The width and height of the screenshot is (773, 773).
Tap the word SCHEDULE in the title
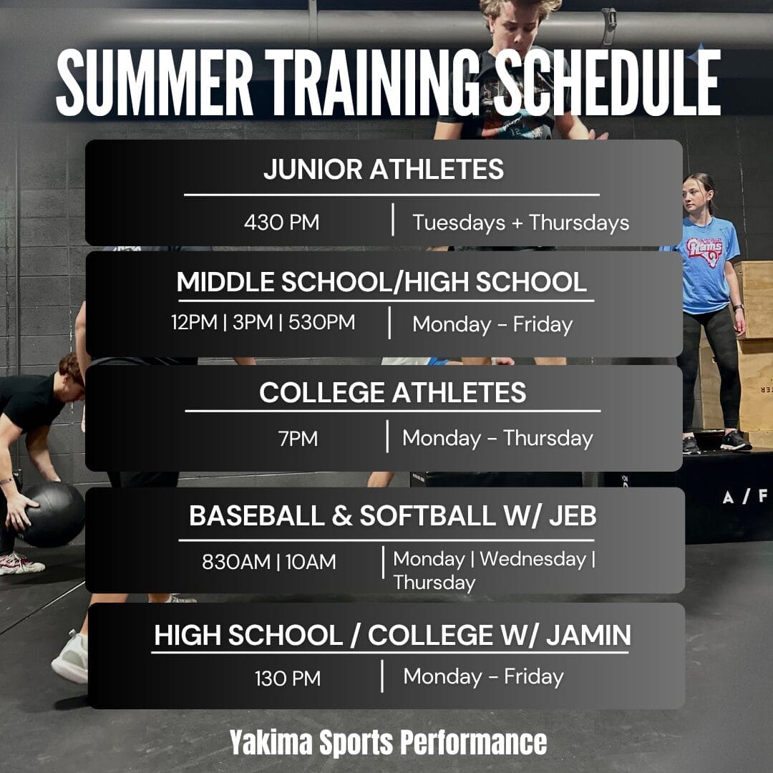608,82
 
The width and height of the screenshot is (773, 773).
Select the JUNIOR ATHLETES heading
384,169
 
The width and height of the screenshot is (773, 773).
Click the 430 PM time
281,223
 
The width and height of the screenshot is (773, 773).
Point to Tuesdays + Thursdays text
520,223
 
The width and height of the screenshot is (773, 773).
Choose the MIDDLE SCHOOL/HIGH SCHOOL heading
381,282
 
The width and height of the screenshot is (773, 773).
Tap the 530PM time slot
321,322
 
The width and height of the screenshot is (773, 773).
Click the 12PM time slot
194,322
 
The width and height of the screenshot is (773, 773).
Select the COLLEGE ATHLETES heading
392,393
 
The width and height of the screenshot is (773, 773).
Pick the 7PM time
298,438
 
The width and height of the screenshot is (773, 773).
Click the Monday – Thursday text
497,438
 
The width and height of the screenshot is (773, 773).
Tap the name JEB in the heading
573,515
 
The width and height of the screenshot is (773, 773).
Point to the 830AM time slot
236,562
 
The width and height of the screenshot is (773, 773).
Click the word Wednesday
533,560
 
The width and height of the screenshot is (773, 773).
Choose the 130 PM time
288,679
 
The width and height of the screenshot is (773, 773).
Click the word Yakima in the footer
271,742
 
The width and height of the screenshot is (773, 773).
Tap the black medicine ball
52,515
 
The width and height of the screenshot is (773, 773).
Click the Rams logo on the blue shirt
704,251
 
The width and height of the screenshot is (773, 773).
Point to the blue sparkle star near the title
697,57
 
